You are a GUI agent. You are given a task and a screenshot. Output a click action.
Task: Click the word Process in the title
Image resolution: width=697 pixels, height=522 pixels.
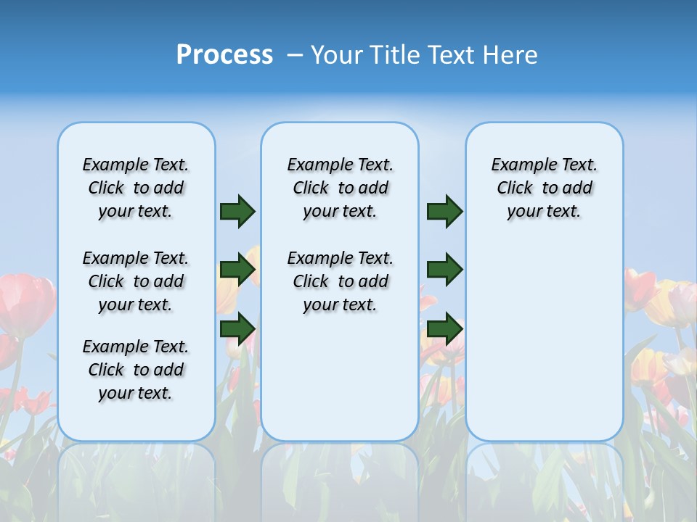(x=224, y=55)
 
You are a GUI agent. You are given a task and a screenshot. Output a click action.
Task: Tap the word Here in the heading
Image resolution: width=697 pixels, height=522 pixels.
(x=510, y=55)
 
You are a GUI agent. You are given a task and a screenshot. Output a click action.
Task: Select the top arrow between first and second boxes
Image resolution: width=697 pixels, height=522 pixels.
(x=237, y=212)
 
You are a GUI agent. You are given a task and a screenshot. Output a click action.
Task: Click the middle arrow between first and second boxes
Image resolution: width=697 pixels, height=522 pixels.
(x=237, y=270)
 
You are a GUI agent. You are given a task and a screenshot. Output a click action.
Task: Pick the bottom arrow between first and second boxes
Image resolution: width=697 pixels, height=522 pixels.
(x=237, y=328)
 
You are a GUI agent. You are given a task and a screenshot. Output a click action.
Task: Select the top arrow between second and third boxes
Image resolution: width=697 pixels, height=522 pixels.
(x=444, y=212)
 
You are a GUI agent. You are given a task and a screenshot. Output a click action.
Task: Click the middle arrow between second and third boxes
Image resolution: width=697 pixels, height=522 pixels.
(x=444, y=270)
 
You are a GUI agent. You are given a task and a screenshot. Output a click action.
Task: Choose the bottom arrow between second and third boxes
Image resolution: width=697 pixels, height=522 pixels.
(x=444, y=328)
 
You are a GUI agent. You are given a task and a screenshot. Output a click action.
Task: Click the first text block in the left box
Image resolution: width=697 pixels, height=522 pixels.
(x=136, y=188)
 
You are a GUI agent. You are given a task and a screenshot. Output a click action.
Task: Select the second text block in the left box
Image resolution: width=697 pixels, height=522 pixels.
(x=136, y=281)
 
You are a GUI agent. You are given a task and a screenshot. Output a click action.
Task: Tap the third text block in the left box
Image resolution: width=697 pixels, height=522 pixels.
(x=136, y=370)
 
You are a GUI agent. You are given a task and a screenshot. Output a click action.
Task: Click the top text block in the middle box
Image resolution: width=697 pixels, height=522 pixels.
(x=340, y=188)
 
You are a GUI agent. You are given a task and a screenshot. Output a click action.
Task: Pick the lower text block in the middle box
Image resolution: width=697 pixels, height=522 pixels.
(x=340, y=281)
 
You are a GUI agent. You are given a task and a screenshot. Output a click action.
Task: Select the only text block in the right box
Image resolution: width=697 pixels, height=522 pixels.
(x=544, y=188)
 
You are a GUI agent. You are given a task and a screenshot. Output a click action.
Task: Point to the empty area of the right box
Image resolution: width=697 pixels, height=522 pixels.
(x=544, y=333)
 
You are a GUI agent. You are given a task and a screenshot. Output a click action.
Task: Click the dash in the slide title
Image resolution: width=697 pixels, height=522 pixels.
(x=295, y=56)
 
